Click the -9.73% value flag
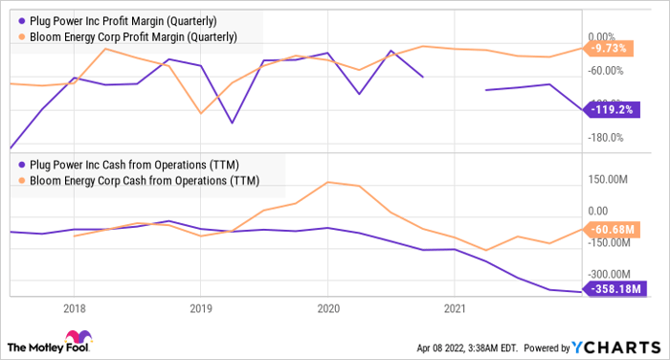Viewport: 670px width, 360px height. (x=609, y=48)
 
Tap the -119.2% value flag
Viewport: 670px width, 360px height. (x=612, y=110)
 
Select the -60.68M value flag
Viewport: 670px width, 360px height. (x=612, y=230)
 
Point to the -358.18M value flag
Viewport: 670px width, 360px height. (x=614, y=289)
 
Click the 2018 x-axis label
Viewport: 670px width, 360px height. (x=75, y=308)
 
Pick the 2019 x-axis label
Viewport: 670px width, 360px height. (x=201, y=308)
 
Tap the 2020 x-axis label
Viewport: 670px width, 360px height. (x=328, y=308)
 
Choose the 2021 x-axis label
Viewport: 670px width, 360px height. (x=455, y=308)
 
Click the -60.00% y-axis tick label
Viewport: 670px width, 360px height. (x=606, y=71)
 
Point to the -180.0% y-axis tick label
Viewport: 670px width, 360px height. (x=606, y=138)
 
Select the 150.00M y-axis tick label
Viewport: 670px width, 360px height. (x=608, y=179)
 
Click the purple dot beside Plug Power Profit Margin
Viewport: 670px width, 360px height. (x=22, y=21)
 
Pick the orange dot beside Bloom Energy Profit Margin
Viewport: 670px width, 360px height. (x=22, y=36)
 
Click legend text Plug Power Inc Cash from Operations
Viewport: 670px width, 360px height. (x=134, y=165)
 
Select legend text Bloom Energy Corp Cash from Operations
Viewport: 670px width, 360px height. (x=145, y=181)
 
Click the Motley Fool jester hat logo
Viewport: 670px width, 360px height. (x=78, y=337)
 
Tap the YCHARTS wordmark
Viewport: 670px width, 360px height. (x=616, y=348)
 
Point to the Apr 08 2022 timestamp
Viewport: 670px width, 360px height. (x=467, y=348)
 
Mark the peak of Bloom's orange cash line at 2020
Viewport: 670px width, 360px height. (x=327, y=182)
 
